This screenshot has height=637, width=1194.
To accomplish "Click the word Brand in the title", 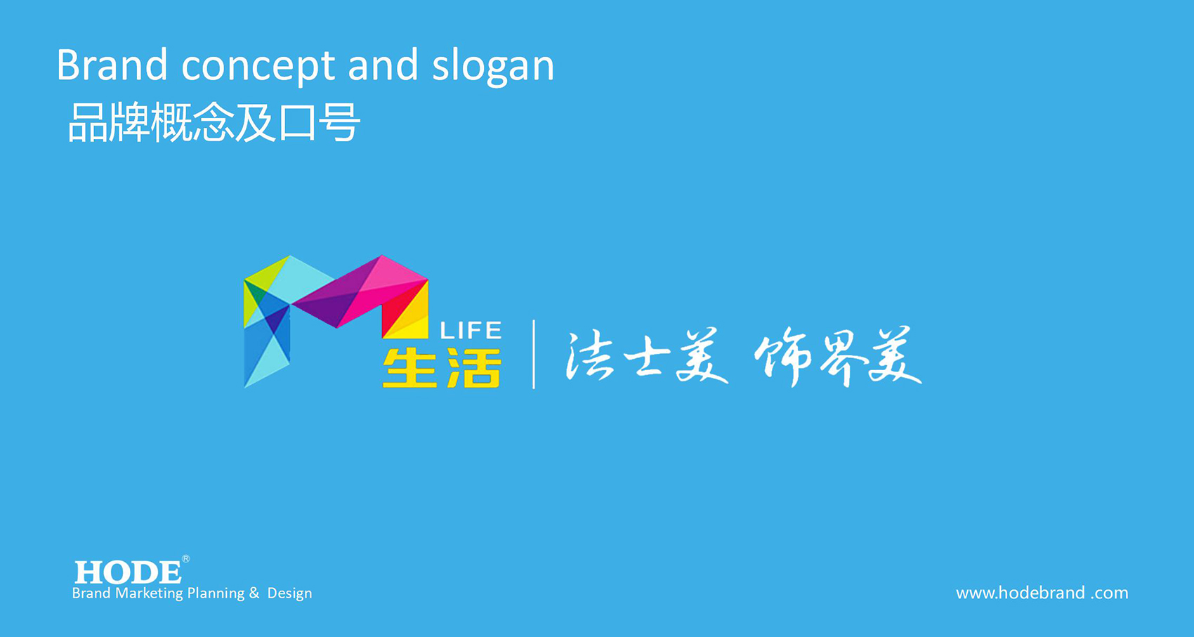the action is (112, 65).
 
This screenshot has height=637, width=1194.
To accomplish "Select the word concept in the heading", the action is (258, 68).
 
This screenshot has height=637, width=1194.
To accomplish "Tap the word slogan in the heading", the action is (493, 67).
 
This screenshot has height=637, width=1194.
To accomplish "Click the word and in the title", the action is (383, 65).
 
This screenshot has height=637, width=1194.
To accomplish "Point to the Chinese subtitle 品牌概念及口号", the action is (214, 123).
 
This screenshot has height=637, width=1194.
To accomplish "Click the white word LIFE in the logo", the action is (471, 331).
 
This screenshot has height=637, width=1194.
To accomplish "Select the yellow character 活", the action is (474, 368).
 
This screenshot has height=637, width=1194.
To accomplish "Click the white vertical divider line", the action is (534, 355).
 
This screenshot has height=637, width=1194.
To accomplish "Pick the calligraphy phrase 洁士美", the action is (647, 355).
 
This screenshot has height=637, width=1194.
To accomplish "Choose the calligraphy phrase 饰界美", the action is (838, 356).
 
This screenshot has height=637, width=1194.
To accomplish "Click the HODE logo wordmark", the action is (128, 572).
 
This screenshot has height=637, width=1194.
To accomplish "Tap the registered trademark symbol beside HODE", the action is (185, 558).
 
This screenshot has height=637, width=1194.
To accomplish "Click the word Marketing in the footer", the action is (149, 593).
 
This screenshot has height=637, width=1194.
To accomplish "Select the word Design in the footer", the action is (289, 593).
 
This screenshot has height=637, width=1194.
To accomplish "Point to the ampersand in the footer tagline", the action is (254, 593).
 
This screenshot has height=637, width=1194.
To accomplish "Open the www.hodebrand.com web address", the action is (1042, 593).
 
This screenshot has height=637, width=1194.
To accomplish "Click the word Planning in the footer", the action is (216, 593).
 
